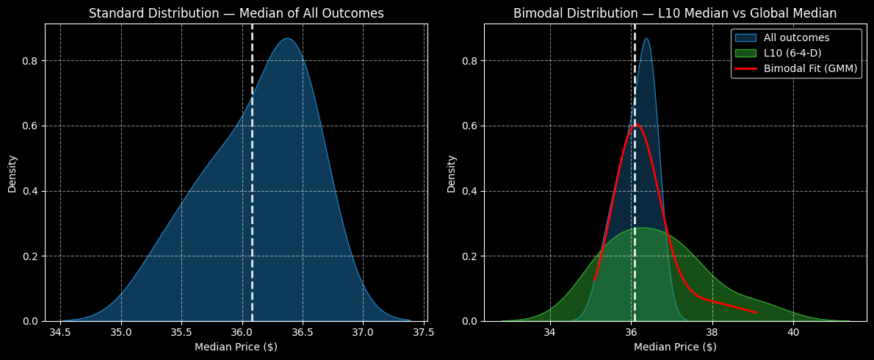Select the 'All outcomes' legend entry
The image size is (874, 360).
[796, 38]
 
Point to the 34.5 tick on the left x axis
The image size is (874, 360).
[60, 331]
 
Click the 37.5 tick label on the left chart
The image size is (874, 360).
[423, 331]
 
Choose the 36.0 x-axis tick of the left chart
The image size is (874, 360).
[242, 331]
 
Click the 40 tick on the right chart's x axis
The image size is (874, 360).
[792, 331]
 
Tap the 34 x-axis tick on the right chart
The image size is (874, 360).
[549, 331]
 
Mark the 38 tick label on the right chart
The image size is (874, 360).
[712, 331]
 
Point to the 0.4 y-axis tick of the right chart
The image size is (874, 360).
[471, 191]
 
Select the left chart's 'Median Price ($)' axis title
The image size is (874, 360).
[236, 347]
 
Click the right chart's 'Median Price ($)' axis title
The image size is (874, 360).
[675, 347]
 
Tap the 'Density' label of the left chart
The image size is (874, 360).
[12, 173]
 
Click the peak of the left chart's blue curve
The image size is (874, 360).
[288, 39]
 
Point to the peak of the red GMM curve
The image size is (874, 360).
[635, 125]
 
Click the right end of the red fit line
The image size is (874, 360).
[756, 313]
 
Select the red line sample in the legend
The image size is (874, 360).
[745, 69]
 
